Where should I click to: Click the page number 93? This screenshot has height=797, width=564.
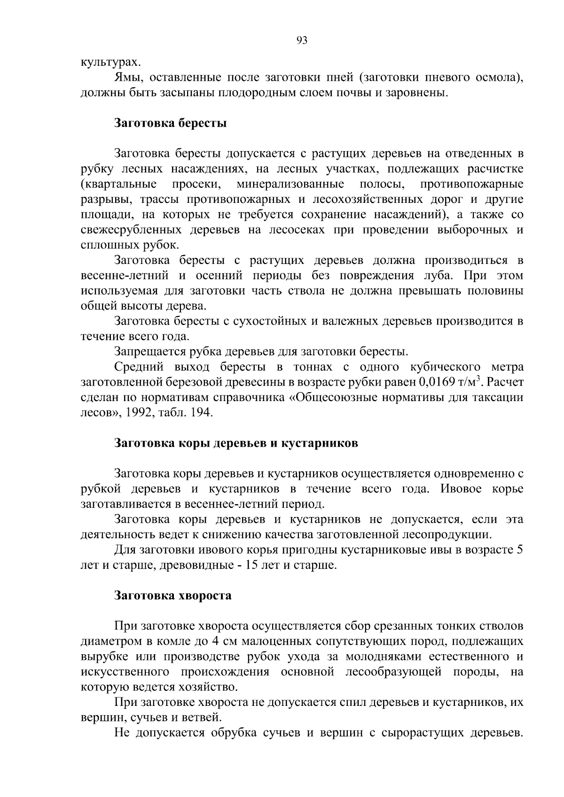pyautogui.click(x=302, y=41)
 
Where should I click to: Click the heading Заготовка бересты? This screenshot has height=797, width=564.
pyautogui.click(x=171, y=124)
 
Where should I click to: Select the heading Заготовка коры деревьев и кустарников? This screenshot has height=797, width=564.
pyautogui.click(x=236, y=443)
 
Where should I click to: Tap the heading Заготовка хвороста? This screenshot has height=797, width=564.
pyautogui.click(x=173, y=596)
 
